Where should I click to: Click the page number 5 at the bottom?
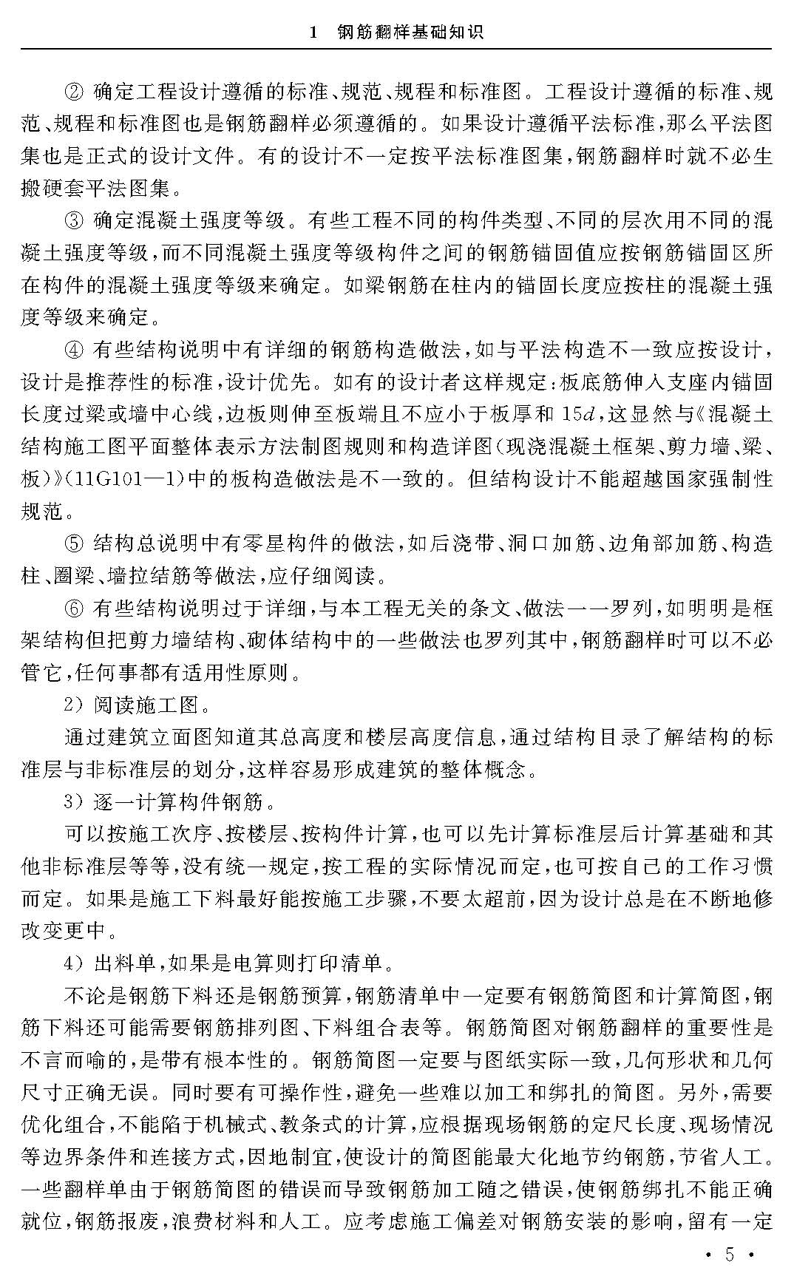(x=729, y=1256)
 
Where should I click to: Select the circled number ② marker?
(x=75, y=92)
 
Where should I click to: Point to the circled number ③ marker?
(x=75, y=220)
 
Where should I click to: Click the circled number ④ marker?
(x=75, y=349)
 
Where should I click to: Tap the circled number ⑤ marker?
(x=75, y=543)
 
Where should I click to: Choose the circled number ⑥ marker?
(x=75, y=608)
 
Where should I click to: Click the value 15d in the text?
(x=578, y=414)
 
